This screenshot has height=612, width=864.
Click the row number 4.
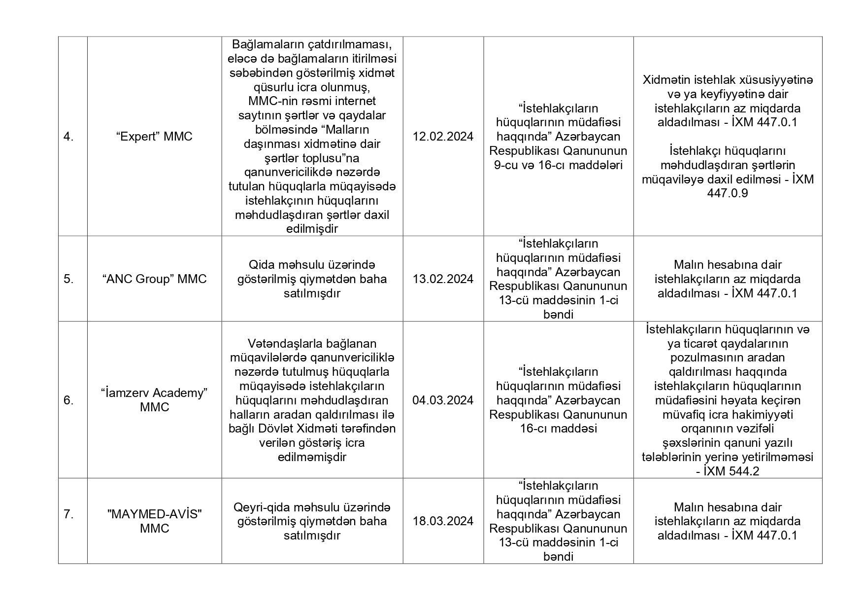tap(68, 137)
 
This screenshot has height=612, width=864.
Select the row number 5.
tap(68, 279)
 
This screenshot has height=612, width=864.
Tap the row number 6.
tap(68, 400)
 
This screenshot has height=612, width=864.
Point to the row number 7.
tap(68, 514)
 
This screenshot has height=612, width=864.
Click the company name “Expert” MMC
tap(154, 137)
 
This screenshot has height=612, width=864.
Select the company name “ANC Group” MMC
tap(154, 279)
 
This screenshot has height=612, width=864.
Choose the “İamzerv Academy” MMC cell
tap(154, 400)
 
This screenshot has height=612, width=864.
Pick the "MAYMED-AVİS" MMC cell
tap(154, 521)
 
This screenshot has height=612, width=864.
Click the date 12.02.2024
tap(443, 137)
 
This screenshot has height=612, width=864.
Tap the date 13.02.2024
tap(443, 279)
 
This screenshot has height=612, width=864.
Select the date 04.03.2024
tap(443, 400)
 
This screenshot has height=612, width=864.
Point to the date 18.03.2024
tap(443, 521)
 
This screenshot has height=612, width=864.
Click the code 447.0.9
tap(727, 193)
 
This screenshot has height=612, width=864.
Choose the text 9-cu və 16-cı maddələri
tap(558, 165)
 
